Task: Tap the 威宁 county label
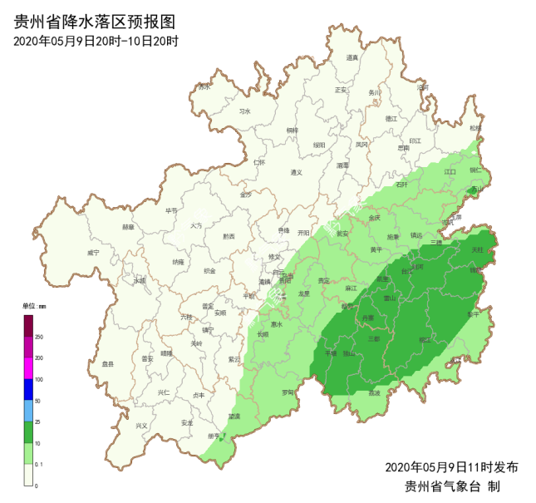93,253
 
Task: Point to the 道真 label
352,57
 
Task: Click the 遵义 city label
297,172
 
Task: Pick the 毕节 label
171,210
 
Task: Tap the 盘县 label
106,364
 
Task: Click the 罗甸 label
288,392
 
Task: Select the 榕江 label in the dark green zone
425,340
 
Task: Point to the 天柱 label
477,249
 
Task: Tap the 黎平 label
473,315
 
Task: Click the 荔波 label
375,392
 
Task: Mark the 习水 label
244,111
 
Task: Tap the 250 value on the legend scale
39,337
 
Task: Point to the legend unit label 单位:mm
34,306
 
